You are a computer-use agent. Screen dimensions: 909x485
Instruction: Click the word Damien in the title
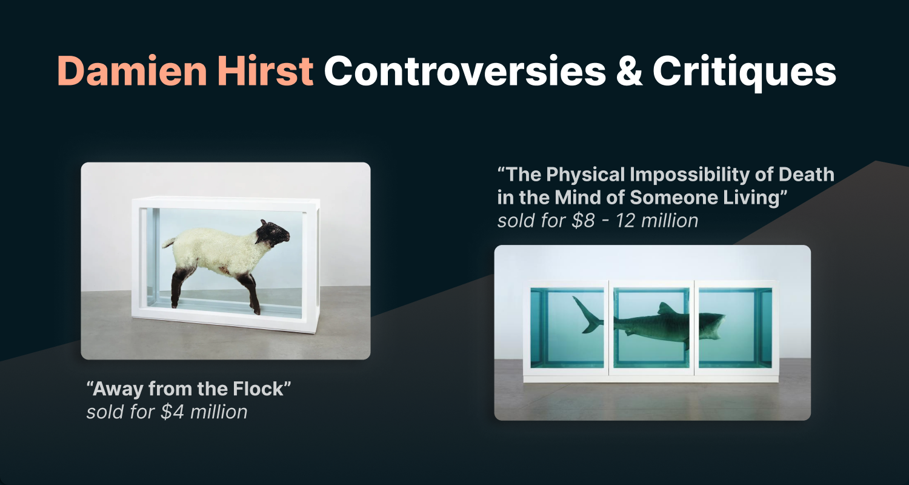coord(132,71)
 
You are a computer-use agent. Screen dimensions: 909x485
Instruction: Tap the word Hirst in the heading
coord(265,71)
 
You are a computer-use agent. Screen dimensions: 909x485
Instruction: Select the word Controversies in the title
coord(465,71)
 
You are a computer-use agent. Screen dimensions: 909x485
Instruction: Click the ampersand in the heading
coord(630,71)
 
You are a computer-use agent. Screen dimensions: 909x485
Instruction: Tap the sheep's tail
coord(168,242)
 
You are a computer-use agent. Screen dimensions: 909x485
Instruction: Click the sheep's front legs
coord(251,294)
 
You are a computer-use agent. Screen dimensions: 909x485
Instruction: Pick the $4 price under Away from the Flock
coord(173,412)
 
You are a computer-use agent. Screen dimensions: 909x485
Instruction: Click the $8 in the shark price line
coord(583,221)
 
